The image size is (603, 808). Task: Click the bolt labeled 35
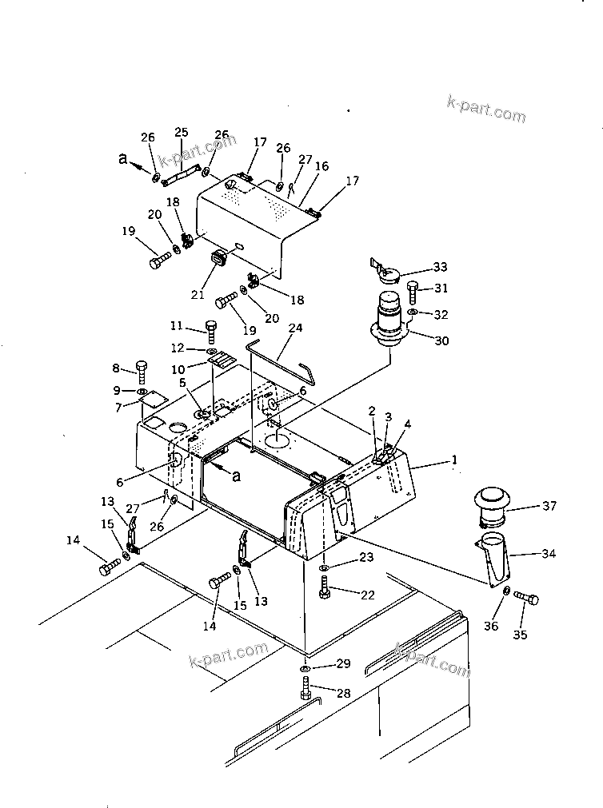click(x=526, y=599)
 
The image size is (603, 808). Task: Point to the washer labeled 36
click(x=507, y=591)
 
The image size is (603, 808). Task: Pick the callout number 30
click(x=441, y=340)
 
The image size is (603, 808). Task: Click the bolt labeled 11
click(x=211, y=328)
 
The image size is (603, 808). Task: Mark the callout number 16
click(x=321, y=166)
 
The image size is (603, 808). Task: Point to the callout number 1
click(x=454, y=460)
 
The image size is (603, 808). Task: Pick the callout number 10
click(x=177, y=369)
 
